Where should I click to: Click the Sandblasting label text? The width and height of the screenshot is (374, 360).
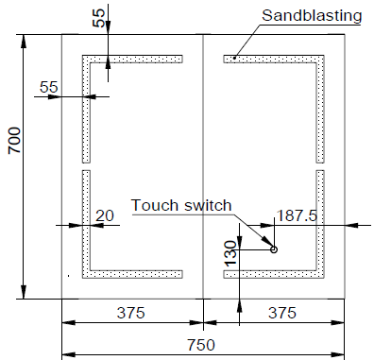(312, 15)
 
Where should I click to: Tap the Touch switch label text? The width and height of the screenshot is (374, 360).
(181, 205)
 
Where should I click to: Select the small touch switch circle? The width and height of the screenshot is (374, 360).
(274, 249)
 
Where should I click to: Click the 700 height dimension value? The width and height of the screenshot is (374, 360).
(15, 140)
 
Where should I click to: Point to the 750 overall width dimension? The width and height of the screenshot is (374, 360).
(201, 345)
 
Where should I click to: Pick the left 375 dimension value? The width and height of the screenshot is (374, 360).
(131, 313)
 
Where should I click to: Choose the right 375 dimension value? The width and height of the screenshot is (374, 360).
(282, 313)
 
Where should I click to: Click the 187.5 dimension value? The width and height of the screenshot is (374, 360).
(297, 215)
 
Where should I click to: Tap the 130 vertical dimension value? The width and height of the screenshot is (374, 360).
(230, 253)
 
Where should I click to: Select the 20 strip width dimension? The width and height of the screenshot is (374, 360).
(105, 215)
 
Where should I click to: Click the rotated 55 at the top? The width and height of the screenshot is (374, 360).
(99, 18)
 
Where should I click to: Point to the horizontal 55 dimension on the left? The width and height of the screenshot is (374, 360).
(49, 87)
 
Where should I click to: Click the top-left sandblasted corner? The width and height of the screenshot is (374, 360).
(86, 59)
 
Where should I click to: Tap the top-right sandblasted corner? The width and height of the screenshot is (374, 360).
(320, 59)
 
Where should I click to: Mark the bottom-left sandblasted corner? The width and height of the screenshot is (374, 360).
(86, 274)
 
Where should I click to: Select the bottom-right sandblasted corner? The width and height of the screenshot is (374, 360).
(320, 274)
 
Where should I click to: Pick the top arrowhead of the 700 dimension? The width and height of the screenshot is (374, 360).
(24, 41)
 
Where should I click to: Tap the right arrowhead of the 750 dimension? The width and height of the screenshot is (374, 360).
(337, 355)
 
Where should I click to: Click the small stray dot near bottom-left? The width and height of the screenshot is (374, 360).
(69, 276)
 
